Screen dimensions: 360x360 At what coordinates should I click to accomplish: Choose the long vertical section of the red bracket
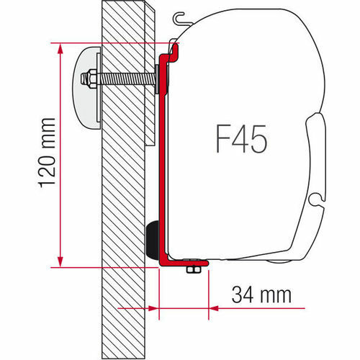pos(162,158)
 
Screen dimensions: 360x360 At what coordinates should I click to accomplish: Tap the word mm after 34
pos(276,294)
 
